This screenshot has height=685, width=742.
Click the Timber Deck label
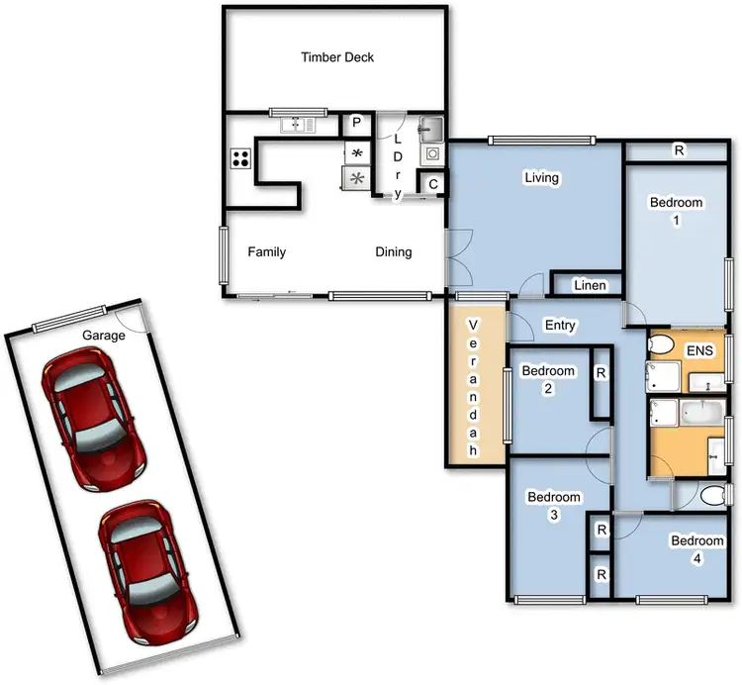[x=337, y=57]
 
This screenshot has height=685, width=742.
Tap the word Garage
[x=103, y=336]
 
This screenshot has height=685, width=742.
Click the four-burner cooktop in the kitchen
[x=240, y=157]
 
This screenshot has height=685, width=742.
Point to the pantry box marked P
[x=355, y=124]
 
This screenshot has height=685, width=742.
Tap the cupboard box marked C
[x=433, y=183]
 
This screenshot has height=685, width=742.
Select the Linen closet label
[x=590, y=285]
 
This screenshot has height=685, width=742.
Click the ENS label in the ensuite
[x=699, y=350]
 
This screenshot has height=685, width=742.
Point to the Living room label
[x=541, y=178]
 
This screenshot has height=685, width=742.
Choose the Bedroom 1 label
[x=676, y=211]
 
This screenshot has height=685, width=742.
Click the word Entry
[x=560, y=325]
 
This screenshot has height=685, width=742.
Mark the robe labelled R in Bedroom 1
[x=679, y=151]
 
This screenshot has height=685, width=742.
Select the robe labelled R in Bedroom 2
[x=601, y=373]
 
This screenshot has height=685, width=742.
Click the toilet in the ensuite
[x=661, y=345]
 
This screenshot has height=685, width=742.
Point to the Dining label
[x=393, y=252]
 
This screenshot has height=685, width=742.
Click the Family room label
[x=266, y=252]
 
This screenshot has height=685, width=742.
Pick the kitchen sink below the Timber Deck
[x=296, y=124]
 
